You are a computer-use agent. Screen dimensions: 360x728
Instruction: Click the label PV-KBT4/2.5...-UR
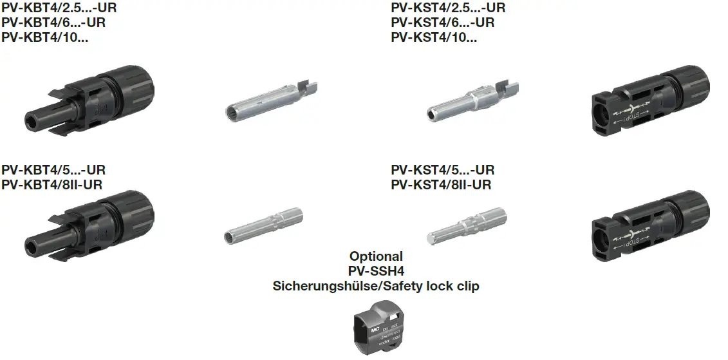tap(59, 8)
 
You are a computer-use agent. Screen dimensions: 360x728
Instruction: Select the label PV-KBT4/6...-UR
tap(53, 23)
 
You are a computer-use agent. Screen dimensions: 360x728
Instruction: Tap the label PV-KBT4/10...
tap(45, 37)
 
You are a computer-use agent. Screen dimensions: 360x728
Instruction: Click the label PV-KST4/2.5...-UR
tap(448, 8)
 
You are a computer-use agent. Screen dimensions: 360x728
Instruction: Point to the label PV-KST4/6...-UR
tap(442, 23)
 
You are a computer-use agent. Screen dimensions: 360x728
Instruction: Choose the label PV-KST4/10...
tap(434, 37)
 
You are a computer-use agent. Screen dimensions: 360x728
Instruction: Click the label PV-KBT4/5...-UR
tap(53, 171)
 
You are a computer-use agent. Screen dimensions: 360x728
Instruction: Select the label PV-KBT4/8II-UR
tap(52, 185)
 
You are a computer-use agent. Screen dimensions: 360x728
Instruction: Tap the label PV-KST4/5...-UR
tap(442, 171)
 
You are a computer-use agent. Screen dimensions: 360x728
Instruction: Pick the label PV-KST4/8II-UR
tap(441, 185)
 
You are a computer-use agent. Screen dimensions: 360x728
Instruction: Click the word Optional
tap(376, 256)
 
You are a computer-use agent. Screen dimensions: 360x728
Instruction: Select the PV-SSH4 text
tap(376, 271)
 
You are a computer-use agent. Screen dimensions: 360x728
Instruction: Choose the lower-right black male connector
tap(649, 229)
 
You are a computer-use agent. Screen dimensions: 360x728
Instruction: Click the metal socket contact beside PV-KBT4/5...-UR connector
tap(264, 227)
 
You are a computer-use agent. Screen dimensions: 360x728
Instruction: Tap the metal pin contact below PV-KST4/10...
tap(473, 100)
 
